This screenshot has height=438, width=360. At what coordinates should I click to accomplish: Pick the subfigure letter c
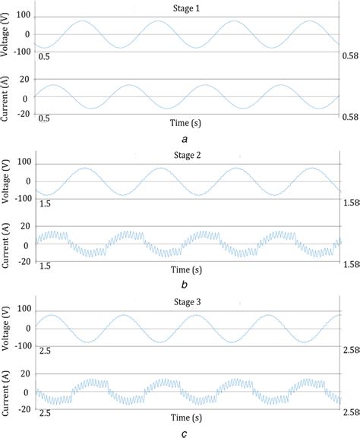[185, 433]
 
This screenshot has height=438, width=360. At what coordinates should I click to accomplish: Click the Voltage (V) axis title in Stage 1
[6, 34]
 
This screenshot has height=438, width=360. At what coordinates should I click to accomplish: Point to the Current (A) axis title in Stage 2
[6, 244]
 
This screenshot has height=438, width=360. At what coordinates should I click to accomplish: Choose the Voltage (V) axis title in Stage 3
[6, 328]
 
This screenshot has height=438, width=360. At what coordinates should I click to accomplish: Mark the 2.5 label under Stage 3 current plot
[45, 413]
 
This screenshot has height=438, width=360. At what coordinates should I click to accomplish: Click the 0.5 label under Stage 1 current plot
[45, 119]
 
